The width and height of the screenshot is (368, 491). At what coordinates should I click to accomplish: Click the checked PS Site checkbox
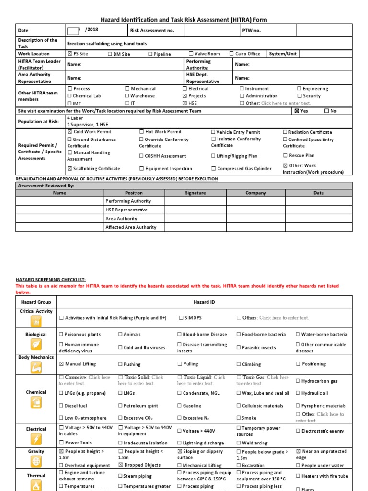(x=70, y=54)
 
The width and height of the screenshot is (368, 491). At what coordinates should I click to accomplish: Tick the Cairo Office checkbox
(x=232, y=54)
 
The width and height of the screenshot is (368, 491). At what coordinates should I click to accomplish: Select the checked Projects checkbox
(x=185, y=96)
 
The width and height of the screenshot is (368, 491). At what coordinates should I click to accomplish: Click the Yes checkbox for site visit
(x=297, y=111)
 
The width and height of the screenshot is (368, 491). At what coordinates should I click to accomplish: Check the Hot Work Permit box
(x=142, y=132)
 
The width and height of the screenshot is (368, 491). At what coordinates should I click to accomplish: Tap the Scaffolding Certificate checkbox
(x=70, y=169)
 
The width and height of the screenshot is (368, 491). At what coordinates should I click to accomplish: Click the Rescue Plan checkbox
(x=286, y=155)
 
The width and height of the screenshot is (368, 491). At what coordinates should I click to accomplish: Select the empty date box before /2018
(x=73, y=31)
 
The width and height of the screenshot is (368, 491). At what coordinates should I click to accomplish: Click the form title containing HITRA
(x=184, y=20)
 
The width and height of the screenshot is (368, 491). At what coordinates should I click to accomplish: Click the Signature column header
(x=195, y=193)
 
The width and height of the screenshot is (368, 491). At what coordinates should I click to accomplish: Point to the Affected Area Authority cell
(x=131, y=227)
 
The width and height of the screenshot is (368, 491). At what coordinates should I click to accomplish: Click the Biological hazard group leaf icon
(x=36, y=343)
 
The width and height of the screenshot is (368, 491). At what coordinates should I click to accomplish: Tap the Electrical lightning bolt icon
(x=36, y=439)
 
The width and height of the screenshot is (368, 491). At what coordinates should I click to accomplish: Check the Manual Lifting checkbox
(x=61, y=364)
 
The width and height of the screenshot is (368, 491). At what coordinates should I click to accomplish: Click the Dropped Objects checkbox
(x=121, y=465)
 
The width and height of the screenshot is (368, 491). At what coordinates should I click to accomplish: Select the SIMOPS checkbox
(x=180, y=318)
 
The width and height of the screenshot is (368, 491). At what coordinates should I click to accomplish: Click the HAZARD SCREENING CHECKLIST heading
(x=51, y=279)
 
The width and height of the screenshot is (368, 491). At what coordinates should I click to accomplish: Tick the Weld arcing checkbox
(x=239, y=443)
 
